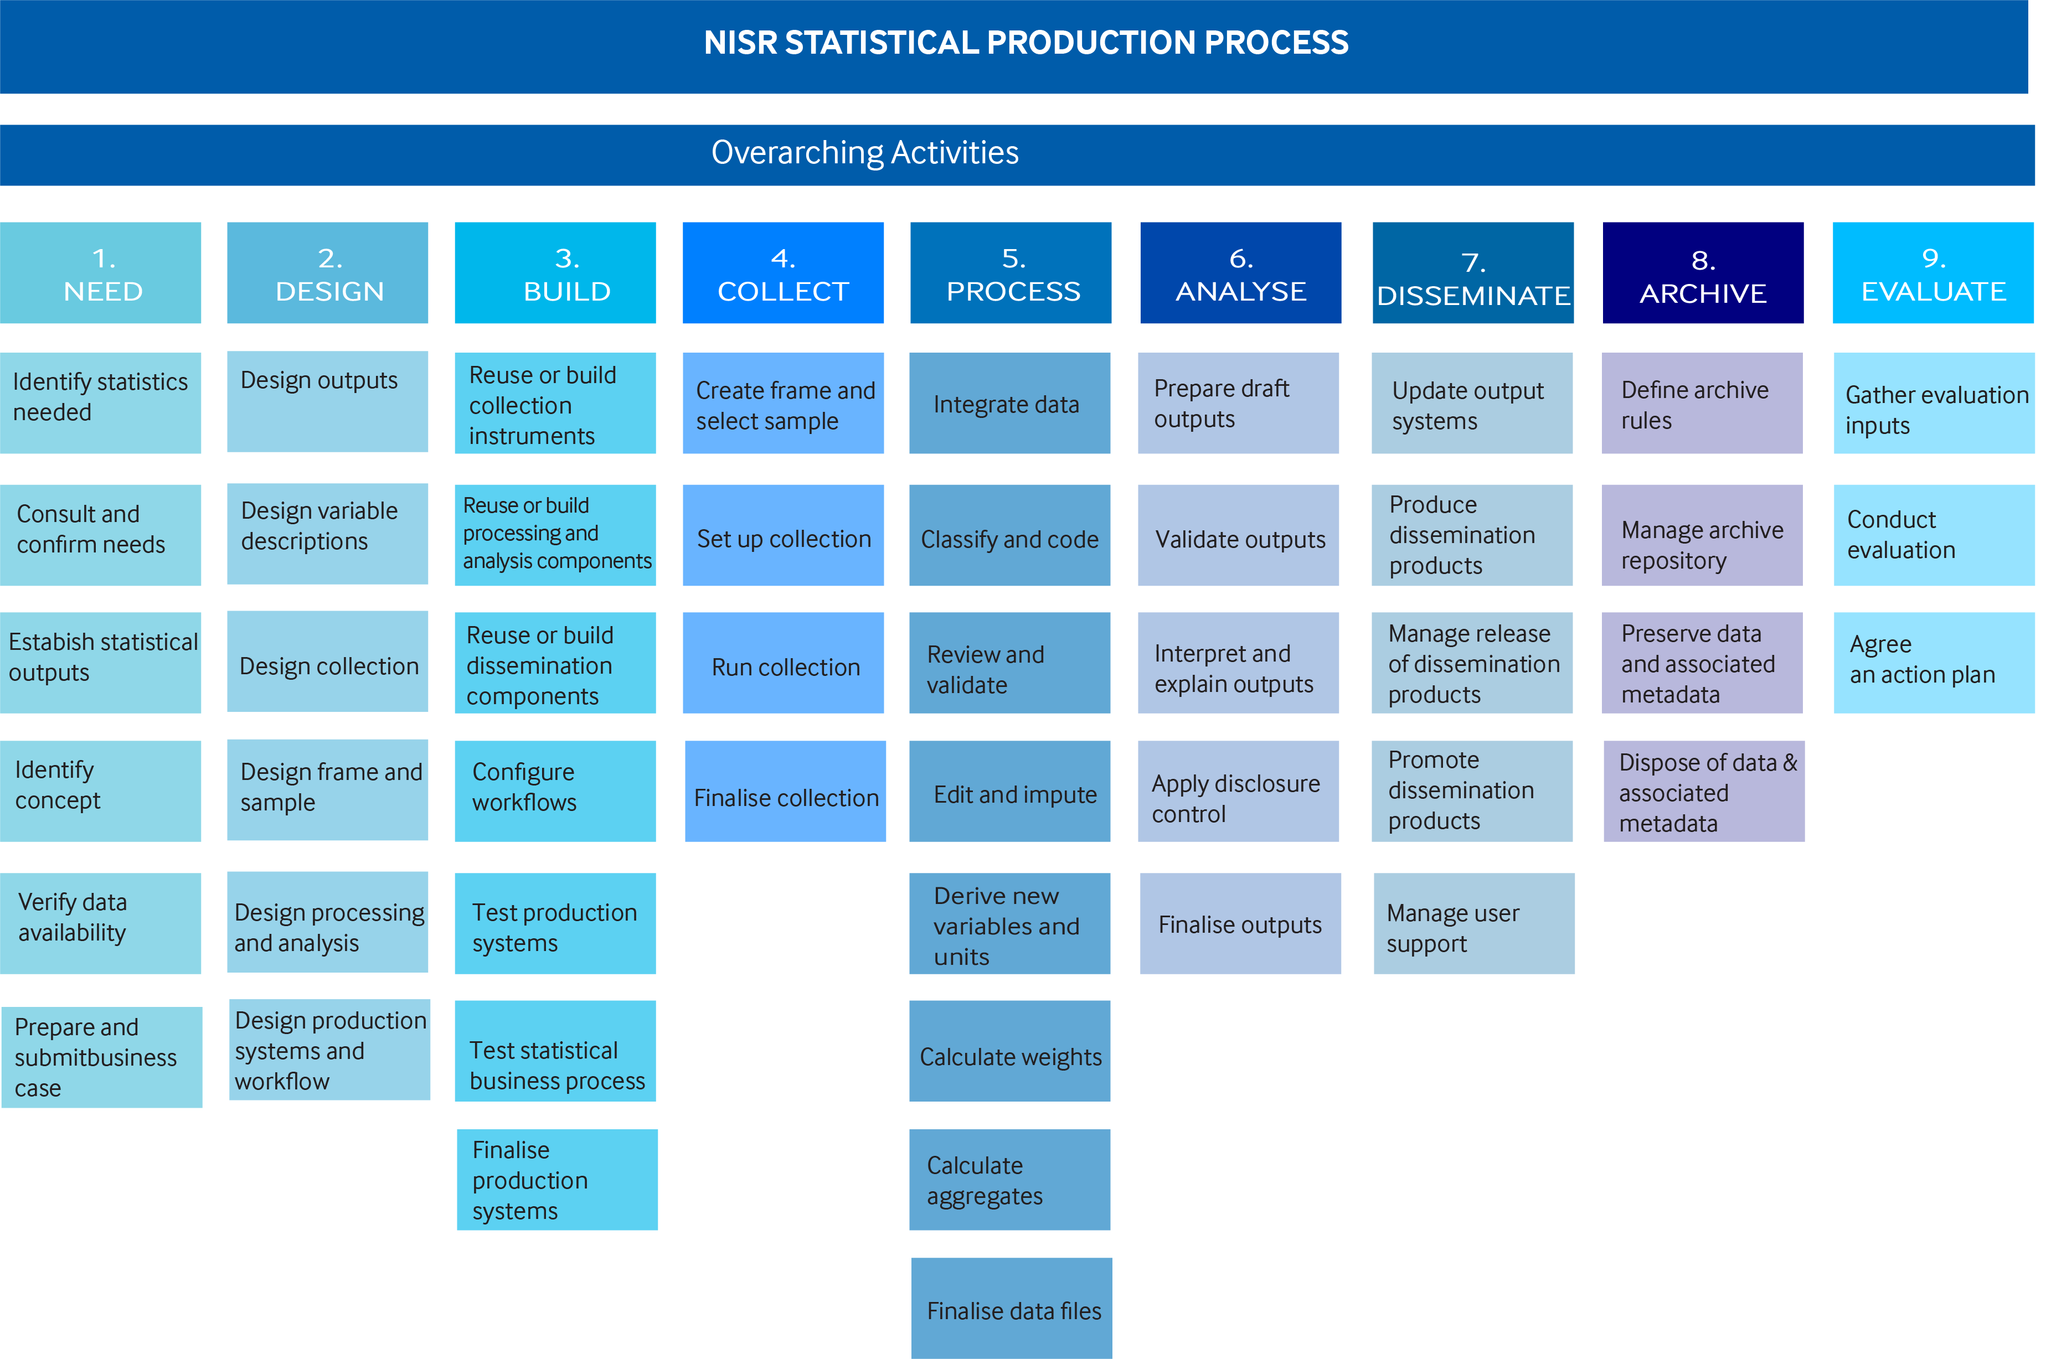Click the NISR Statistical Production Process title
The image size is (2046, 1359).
pyautogui.click(x=1025, y=43)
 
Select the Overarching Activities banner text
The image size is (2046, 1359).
pyautogui.click(x=864, y=153)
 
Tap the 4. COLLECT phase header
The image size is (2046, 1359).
pyautogui.click(x=783, y=273)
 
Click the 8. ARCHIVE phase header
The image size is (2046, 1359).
pyautogui.click(x=1703, y=273)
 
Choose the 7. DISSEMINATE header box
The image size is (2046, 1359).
pyautogui.click(x=1472, y=273)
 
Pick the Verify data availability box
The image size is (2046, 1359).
pyautogui.click(x=101, y=923)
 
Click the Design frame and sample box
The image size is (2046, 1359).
pyautogui.click(x=328, y=789)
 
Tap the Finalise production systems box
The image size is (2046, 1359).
pyautogui.click(x=556, y=1180)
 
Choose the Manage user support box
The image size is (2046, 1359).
pyautogui.click(x=1474, y=923)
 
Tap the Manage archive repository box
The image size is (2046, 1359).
pyautogui.click(x=1702, y=535)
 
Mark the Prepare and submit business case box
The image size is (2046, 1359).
pyautogui.click(x=101, y=1057)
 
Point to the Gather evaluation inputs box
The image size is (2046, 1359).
pyautogui.click(x=1933, y=403)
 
